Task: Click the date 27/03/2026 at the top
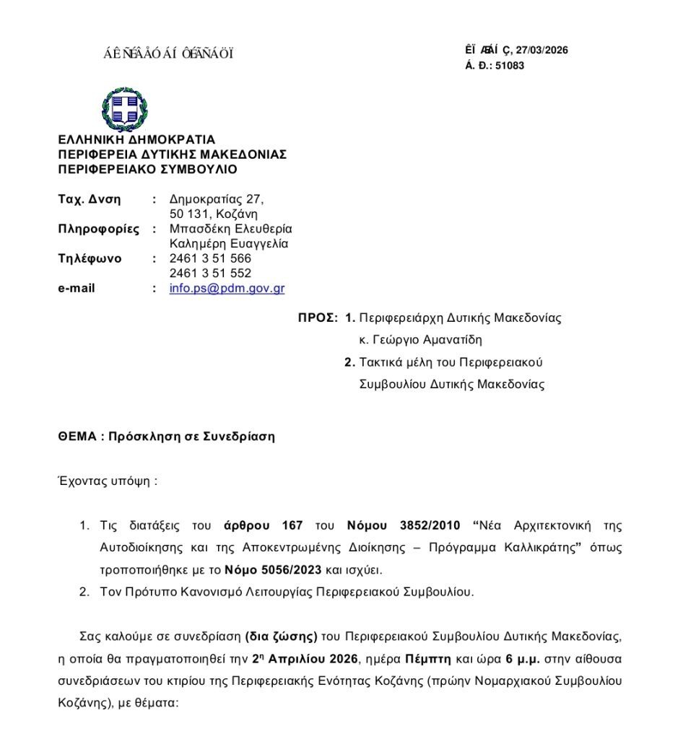[x=542, y=51]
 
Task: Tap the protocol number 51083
[x=510, y=66]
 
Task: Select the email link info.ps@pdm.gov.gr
[x=227, y=289]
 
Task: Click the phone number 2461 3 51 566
[x=210, y=258]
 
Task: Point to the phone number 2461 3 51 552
[x=210, y=274]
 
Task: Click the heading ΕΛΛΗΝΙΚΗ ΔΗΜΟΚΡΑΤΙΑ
[x=136, y=139]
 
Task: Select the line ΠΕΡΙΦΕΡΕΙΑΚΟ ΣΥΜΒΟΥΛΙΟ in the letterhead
[x=147, y=170]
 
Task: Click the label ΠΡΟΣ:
[x=318, y=318]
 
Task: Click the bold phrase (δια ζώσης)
[x=282, y=637]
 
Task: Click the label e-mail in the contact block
[x=77, y=289]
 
